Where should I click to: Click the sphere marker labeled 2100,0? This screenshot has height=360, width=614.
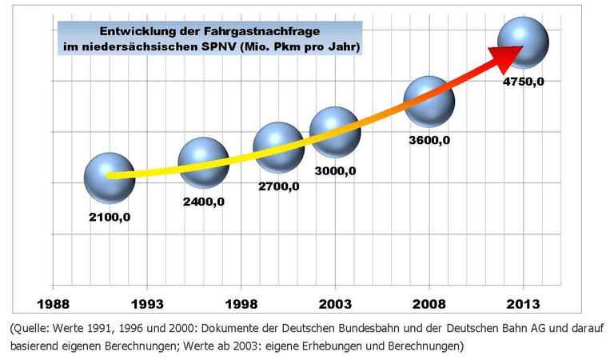tap(110, 178)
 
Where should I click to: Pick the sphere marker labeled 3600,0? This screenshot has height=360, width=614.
tap(429, 101)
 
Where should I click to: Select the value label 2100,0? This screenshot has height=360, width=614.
tap(110, 217)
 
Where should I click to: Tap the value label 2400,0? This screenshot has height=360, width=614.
tap(204, 202)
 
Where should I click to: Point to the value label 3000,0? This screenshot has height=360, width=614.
tap(335, 171)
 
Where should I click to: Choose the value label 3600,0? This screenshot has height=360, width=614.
tap(429, 141)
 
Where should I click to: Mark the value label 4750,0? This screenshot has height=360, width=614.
tap(524, 82)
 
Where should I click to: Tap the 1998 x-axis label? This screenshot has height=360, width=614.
tap(241, 305)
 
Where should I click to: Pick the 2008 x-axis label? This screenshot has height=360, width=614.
tap(429, 305)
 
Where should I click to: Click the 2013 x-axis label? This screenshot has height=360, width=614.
tap(524, 305)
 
